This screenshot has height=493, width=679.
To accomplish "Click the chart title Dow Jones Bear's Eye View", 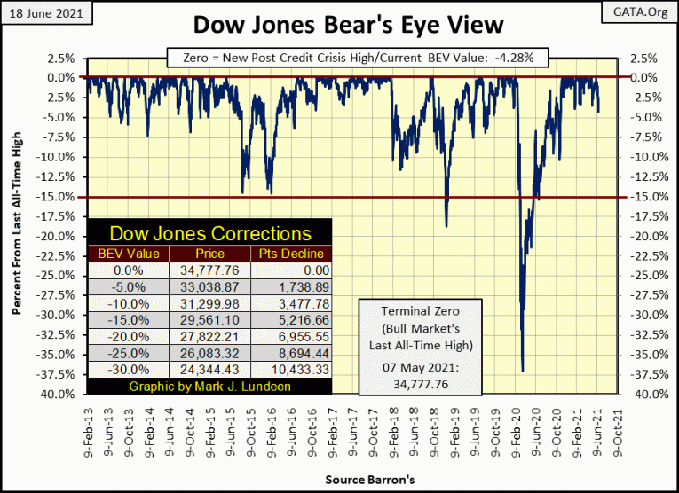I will pyautogui.click(x=339, y=25).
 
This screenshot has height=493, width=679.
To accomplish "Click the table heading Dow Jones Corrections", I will pyautogui.click(x=209, y=234).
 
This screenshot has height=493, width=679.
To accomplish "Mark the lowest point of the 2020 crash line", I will pyautogui.click(x=523, y=372).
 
